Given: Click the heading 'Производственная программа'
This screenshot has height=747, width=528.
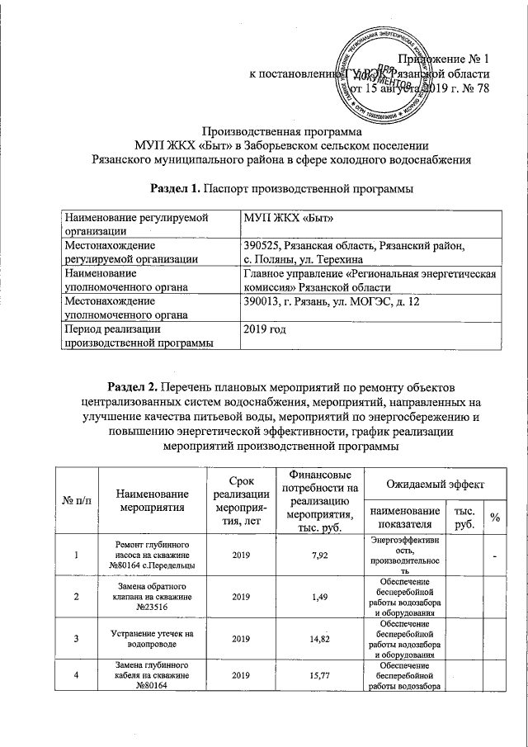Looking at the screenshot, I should tap(282, 130).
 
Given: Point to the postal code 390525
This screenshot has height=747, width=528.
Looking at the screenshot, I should tap(262, 246).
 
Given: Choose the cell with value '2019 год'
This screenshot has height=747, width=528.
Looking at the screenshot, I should tap(266, 330).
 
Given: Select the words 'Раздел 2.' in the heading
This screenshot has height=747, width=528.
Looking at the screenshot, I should tap(135, 386).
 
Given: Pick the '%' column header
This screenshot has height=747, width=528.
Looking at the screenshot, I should tap(496, 517).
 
